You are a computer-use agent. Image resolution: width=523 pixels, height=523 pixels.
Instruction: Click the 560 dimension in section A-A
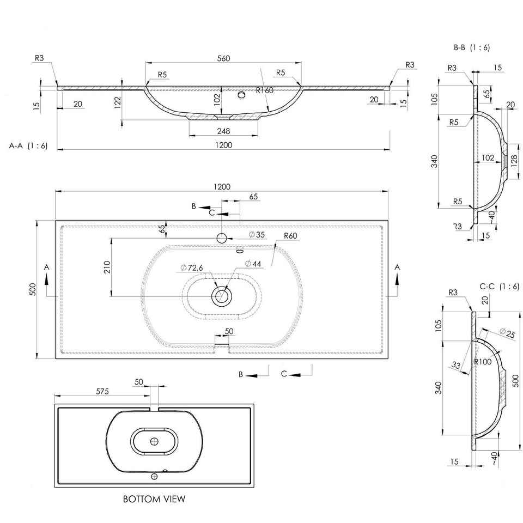tap(223, 58)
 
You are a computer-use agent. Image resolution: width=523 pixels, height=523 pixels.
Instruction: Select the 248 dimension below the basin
tap(223, 131)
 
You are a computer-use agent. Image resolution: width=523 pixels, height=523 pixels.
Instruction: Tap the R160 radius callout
tap(265, 90)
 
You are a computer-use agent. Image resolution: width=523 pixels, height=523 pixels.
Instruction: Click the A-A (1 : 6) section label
tap(29, 145)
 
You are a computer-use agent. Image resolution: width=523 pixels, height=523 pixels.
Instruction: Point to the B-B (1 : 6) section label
tap(472, 47)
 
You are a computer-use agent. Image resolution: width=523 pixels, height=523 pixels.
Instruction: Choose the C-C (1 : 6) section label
tap(500, 286)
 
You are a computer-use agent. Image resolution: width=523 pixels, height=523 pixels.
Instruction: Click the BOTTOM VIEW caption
tap(154, 499)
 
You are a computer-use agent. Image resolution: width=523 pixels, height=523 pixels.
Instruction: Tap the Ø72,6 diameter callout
tap(191, 267)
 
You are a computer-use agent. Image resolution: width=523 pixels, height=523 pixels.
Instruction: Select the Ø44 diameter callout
tap(253, 264)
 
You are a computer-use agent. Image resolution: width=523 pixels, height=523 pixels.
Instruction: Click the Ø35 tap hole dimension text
tap(257, 234)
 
